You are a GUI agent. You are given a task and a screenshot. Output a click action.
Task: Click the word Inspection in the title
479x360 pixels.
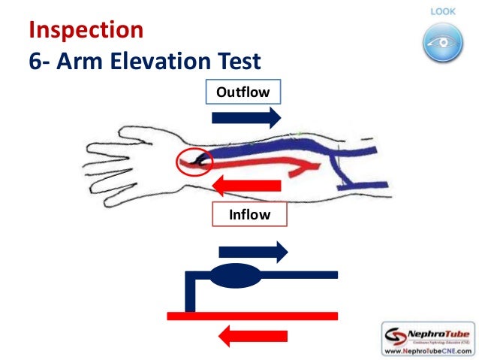pyautogui.click(x=86, y=30)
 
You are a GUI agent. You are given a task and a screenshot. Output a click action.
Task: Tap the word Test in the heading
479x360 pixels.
pyautogui.click(x=240, y=60)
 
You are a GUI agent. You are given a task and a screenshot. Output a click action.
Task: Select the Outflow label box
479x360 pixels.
pyautogui.click(x=243, y=92)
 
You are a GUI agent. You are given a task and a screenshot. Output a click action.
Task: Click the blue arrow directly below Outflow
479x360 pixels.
pyautogui.click(x=246, y=116)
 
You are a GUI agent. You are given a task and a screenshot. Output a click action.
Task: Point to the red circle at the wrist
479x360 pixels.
pyautogui.click(x=194, y=161)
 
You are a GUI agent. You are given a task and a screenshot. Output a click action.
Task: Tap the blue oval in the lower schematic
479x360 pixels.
pyautogui.click(x=235, y=276)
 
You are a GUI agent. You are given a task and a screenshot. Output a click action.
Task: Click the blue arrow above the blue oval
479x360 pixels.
pyautogui.click(x=252, y=252)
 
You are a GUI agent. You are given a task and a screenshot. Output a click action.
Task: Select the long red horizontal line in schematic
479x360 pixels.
pyautogui.click(x=252, y=315)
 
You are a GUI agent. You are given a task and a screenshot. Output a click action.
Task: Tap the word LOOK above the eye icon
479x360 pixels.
pyautogui.click(x=440, y=11)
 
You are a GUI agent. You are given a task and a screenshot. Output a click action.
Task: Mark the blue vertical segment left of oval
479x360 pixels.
pyautogui.click(x=190, y=293)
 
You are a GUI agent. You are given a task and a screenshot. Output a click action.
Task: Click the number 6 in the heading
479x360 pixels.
pyautogui.click(x=35, y=60)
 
